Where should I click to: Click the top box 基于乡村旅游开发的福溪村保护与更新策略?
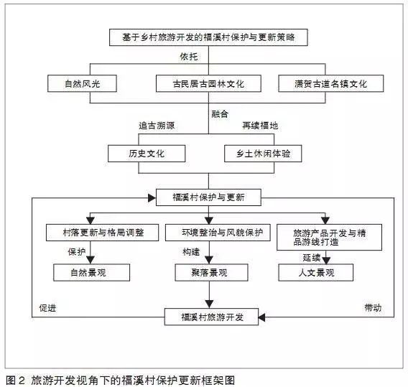click(208, 37)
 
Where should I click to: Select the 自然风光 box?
click(82, 83)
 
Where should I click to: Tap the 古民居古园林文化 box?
click(208, 83)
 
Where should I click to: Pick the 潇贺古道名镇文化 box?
click(330, 83)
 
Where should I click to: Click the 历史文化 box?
click(147, 154)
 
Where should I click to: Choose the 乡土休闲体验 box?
click(263, 154)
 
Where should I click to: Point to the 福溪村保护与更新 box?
click(208, 197)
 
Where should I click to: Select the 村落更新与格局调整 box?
click(102, 233)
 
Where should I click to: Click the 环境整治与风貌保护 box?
click(218, 233)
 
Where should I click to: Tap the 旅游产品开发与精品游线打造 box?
click(329, 237)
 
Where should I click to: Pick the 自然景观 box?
click(92, 273)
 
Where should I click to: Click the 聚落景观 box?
click(211, 273)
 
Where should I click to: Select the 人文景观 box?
click(316, 273)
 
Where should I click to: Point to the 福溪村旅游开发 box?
click(211, 317)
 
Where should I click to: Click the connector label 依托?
click(189, 57)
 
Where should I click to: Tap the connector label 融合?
click(220, 114)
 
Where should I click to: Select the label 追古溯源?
click(157, 126)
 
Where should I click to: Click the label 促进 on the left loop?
click(47, 308)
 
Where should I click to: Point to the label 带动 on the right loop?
click(373, 308)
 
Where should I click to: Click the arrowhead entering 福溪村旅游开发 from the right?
click(261, 317)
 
